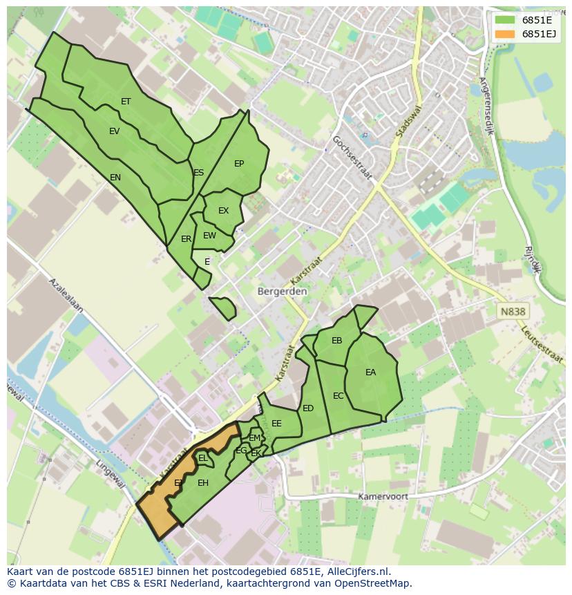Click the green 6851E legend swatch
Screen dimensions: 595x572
point(506,20)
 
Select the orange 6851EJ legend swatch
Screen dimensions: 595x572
point(506,34)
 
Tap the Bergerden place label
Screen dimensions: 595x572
point(282,292)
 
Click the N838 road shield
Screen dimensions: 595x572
point(513,312)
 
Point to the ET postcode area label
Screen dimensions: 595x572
point(126,102)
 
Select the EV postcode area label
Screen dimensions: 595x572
point(114,131)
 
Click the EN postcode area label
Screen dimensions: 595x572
point(115,178)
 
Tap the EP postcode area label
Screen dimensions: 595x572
point(239,164)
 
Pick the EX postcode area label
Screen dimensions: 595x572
point(223,211)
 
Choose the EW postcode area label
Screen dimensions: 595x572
point(209,236)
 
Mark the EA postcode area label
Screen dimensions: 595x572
point(371,372)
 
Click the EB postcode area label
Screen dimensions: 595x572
point(336,341)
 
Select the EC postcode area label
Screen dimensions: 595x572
point(338,396)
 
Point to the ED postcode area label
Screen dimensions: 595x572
point(308,408)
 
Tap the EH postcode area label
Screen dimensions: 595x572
point(203,483)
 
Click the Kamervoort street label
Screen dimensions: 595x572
point(383,497)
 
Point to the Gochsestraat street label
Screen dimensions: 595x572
point(352,158)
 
